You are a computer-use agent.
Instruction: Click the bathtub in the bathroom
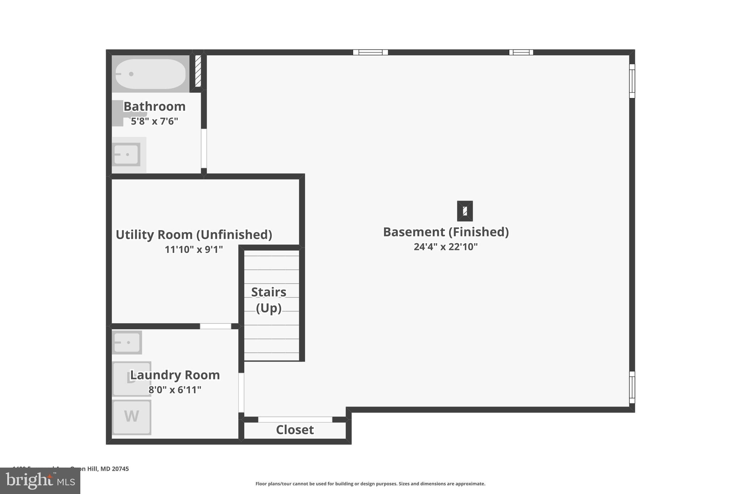click(150, 74)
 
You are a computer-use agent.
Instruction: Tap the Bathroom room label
click(154, 106)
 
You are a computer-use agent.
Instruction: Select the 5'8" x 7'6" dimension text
click(154, 121)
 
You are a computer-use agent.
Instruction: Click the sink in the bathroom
click(126, 155)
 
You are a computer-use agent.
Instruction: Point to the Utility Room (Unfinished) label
click(194, 235)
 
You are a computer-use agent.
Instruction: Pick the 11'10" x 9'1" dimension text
click(194, 249)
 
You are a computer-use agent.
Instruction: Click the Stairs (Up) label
click(269, 300)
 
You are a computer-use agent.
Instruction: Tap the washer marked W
click(131, 417)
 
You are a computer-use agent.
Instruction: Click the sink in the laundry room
click(127, 342)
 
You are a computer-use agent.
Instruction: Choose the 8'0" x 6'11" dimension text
click(175, 390)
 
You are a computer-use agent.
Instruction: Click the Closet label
click(295, 430)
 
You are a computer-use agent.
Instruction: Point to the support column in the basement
click(465, 211)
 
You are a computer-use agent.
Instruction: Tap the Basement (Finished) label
click(446, 232)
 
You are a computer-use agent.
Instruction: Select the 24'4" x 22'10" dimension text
click(446, 247)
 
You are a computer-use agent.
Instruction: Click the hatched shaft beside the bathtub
click(198, 71)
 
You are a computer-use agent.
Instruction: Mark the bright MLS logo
click(40, 481)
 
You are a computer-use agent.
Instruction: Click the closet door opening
click(295, 419)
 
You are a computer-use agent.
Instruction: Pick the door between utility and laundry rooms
click(216, 326)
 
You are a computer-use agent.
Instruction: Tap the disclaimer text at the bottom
click(370, 484)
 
